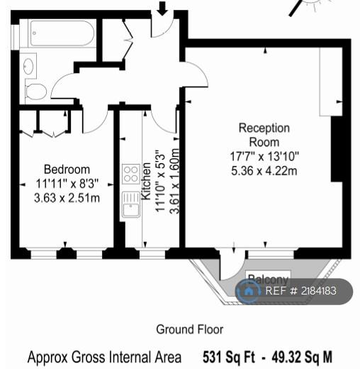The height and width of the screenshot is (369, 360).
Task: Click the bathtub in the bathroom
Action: pos(62,33)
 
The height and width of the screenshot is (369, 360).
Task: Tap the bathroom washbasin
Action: pos(28,66)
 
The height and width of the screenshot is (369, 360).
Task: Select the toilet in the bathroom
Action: pos(35,91)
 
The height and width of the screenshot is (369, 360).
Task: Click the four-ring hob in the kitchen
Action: pos(131,174)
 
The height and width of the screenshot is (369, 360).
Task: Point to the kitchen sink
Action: pos(131,204)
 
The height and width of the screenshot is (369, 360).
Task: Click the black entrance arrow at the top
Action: pos(162,8)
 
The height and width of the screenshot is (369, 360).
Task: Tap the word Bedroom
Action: pos(67,170)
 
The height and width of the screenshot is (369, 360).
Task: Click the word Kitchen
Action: pos(146,181)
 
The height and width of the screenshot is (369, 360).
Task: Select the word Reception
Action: pos(264,128)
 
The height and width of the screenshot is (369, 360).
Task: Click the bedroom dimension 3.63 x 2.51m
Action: pos(67,198)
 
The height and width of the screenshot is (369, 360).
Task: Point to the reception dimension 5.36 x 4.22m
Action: pos(264,171)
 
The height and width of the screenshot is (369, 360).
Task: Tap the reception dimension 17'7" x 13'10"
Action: pos(264,156)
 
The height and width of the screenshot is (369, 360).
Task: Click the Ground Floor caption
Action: pos(190,329)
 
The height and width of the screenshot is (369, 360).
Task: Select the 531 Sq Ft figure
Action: pos(229,357)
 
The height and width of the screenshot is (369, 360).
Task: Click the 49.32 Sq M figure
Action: pos(302,357)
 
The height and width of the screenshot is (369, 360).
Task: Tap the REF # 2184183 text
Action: pos(300,291)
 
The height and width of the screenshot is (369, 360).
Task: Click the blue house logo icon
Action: pos(248,291)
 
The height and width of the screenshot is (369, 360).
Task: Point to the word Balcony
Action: pos(269,279)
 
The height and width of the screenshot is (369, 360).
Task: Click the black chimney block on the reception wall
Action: pos(337,149)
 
